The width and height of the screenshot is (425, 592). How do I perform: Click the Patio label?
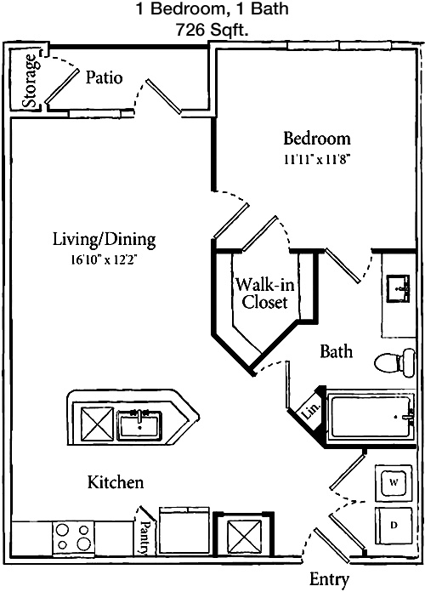(105, 77)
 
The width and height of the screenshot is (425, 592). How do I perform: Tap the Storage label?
(31, 81)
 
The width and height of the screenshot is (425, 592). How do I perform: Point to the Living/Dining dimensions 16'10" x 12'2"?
(105, 260)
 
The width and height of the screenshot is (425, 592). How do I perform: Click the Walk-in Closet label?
(264, 293)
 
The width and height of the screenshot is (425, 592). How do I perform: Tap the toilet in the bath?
(394, 362)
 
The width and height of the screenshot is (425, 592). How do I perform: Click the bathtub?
(371, 417)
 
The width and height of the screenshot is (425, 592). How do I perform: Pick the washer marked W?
(394, 483)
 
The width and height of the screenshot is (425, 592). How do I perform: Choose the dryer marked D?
(394, 525)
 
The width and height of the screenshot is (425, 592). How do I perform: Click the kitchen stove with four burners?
(73, 538)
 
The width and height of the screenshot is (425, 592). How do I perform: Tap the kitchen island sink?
(139, 425)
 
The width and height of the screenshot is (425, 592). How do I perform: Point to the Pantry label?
(144, 537)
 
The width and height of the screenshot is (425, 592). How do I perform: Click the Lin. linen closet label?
(312, 410)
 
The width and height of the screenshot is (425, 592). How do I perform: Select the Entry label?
(329, 578)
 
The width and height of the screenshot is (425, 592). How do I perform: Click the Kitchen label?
(116, 482)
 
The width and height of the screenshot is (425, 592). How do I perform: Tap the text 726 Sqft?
(212, 31)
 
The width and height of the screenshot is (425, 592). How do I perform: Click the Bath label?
(337, 351)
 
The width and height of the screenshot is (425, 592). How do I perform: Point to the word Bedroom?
(317, 138)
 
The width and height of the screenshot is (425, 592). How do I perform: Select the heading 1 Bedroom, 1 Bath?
(212, 9)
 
